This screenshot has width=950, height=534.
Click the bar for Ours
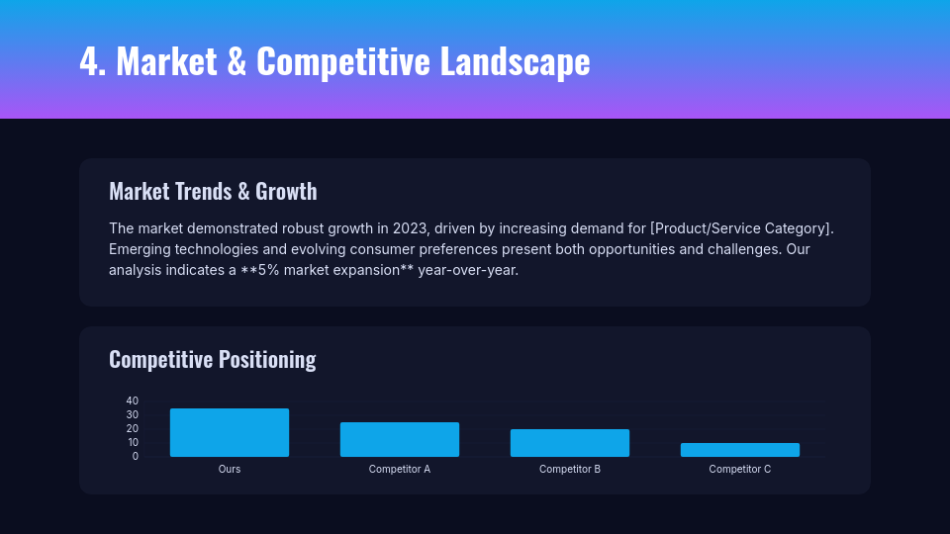coord(230,433)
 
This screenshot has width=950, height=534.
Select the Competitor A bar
coord(400,440)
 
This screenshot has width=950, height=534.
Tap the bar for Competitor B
coord(570,443)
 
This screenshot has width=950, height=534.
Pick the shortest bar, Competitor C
coord(740,450)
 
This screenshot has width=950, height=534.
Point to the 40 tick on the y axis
coord(133,400)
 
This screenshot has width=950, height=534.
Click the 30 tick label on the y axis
coord(133,414)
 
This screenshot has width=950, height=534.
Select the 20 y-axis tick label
coord(133,428)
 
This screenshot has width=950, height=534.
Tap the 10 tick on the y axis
coord(133,442)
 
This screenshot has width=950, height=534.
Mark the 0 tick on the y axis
coord(136,456)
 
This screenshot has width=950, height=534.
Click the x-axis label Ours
coord(230,469)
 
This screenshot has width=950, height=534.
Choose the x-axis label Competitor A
coord(400,469)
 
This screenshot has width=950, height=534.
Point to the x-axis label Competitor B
coord(570,469)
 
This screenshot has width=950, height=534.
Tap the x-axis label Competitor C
coord(740,469)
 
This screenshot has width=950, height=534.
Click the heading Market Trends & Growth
coord(213,191)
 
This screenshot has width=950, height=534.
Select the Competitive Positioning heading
coord(213,359)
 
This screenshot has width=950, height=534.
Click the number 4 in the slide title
coord(90,61)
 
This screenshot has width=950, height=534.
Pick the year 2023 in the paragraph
coord(409,228)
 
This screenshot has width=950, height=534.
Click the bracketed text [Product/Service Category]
coord(741,228)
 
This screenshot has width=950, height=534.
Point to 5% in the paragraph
coord(268,270)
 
